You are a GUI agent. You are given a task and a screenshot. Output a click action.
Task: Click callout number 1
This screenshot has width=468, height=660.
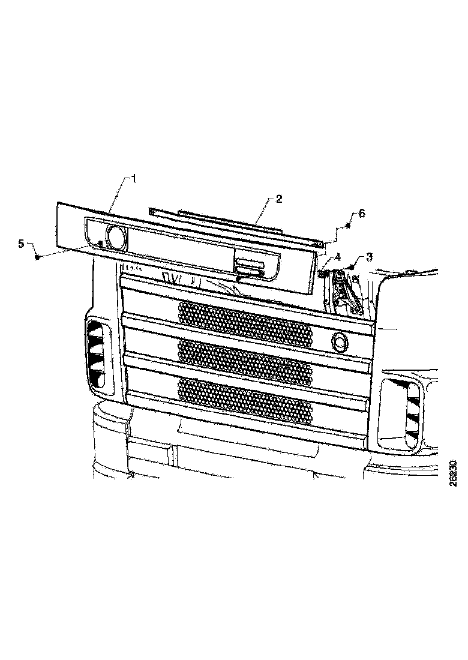[x=134, y=178]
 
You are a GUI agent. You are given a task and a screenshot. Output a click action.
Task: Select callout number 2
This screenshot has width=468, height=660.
[x=279, y=199]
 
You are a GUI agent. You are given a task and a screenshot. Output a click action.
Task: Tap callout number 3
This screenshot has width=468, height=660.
[x=369, y=256]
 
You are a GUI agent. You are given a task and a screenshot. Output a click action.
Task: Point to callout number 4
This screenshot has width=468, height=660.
[x=338, y=256]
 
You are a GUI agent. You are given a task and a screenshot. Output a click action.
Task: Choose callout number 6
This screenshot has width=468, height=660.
[x=361, y=213]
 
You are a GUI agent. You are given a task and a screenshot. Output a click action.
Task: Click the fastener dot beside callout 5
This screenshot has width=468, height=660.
[x=38, y=257]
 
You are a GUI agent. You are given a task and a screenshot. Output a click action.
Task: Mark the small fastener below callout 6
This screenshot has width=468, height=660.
[x=348, y=226]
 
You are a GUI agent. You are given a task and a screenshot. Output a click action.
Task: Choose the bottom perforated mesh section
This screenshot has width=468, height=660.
[x=245, y=398]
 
